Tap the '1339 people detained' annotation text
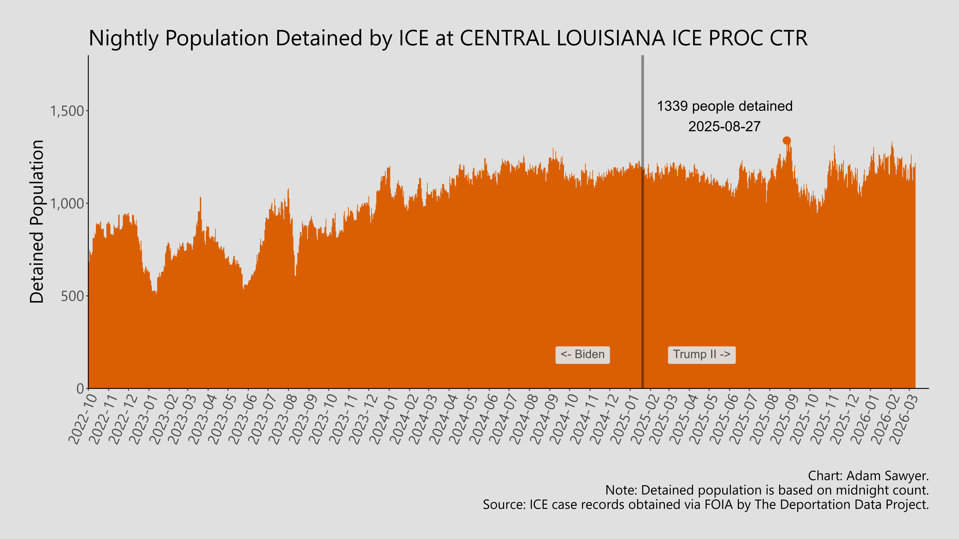724,106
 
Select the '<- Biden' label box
582,355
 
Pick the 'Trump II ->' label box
701,355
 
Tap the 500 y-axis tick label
73,296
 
